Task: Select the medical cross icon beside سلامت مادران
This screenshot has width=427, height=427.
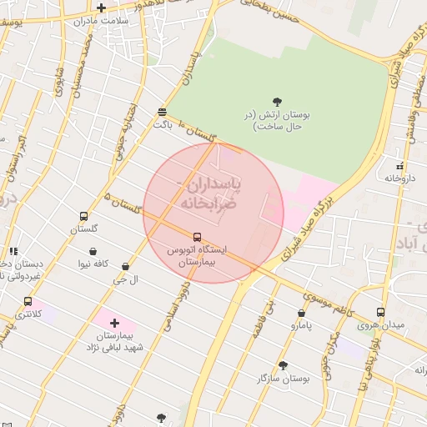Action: point(101,8)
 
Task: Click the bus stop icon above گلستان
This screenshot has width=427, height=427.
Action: point(83,217)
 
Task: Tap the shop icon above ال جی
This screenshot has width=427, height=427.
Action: point(125,267)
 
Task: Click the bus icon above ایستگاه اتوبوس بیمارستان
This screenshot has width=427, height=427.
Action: point(197,237)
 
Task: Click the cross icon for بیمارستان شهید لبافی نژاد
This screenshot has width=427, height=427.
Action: point(114,322)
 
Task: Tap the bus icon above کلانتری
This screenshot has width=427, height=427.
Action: point(28,301)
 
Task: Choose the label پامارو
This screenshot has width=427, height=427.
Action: point(301,326)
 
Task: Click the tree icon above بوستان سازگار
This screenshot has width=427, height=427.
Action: point(283,365)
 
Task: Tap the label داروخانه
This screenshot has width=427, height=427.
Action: point(400,178)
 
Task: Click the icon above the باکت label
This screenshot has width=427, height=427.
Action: point(162,111)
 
